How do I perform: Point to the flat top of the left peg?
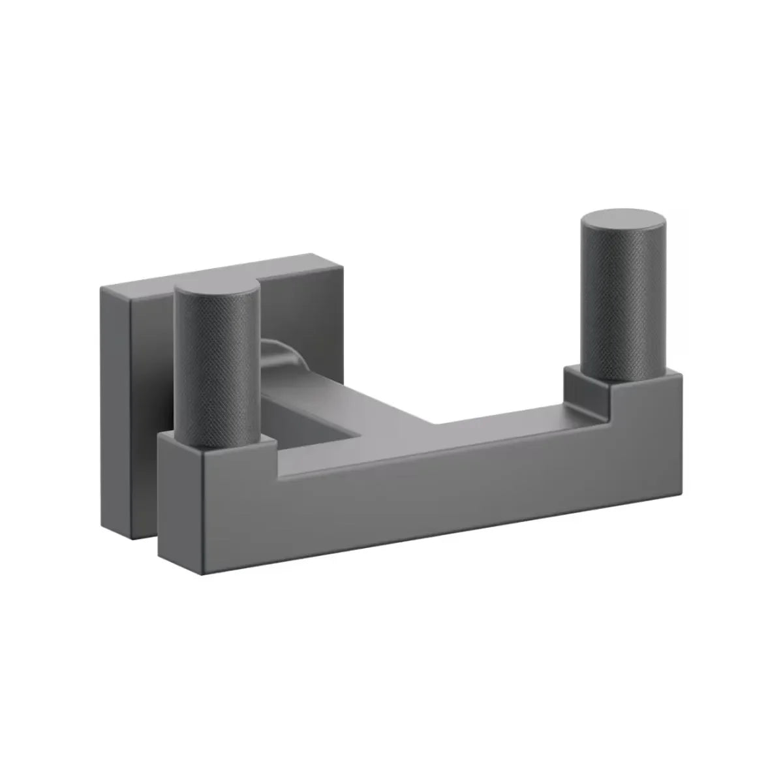[217, 294]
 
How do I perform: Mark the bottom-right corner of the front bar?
[682, 490]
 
